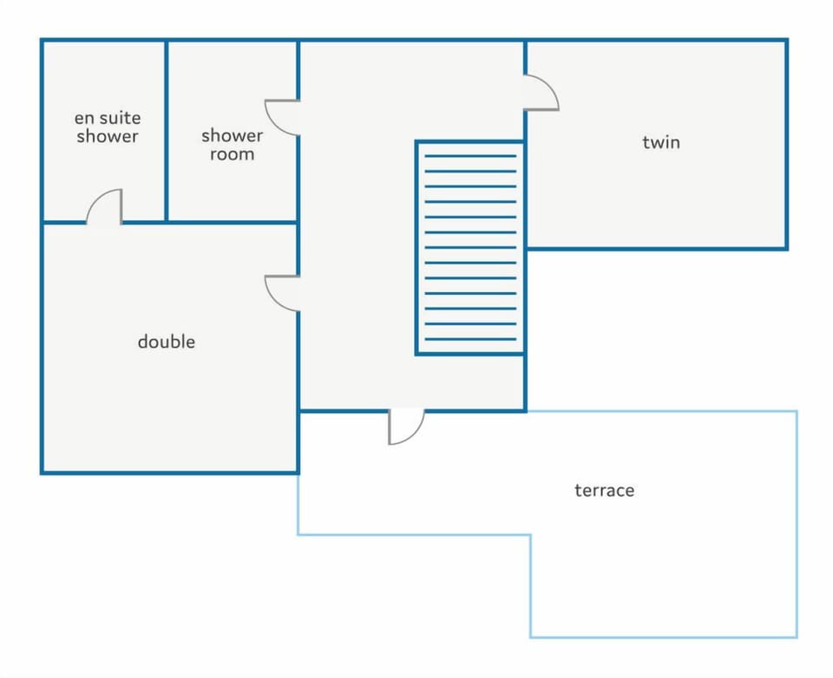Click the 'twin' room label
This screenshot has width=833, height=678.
click(x=661, y=142)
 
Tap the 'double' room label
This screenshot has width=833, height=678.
click(x=167, y=342)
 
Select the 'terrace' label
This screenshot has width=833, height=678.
click(x=605, y=490)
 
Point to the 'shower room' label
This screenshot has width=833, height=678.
click(x=233, y=145)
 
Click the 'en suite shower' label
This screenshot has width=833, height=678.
click(x=108, y=127)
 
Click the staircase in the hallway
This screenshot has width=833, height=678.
click(x=470, y=247)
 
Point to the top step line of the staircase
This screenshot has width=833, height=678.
click(x=470, y=156)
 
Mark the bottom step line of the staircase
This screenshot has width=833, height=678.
click(x=470, y=339)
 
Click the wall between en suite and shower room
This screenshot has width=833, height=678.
click(x=167, y=131)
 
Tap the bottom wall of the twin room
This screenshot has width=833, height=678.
click(x=657, y=248)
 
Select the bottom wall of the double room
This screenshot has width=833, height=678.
click(x=170, y=473)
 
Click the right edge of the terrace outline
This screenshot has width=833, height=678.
click(x=797, y=524)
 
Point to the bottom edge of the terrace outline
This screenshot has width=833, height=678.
click(x=664, y=636)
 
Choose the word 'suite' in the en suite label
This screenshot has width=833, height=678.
click(x=121, y=117)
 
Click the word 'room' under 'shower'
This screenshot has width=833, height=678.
click(x=233, y=154)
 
